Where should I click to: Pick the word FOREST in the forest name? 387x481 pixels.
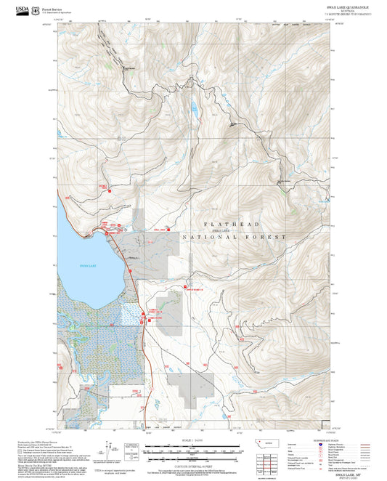[x=269, y=237]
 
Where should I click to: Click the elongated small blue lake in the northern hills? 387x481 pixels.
[x=194, y=110]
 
